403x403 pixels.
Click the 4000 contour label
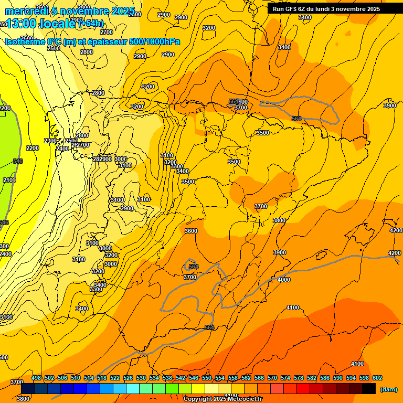(x=283, y=280)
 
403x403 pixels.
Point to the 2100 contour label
(x=9, y=180)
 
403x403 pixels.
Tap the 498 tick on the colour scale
(x=36, y=378)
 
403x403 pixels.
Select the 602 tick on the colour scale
(x=377, y=378)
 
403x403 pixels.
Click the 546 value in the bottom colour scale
(x=193, y=378)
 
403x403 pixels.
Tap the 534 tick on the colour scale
(x=154, y=378)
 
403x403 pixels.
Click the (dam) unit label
(x=388, y=389)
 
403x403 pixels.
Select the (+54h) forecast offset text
(x=91, y=24)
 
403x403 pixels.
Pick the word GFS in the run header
(x=291, y=8)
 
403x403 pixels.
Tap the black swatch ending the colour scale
(x=369, y=388)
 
